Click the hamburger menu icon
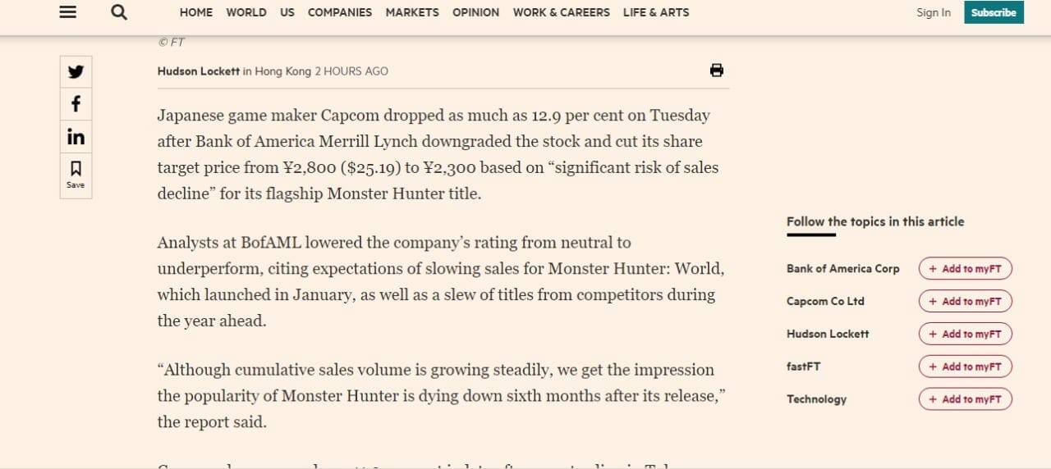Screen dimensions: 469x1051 pyautogui.click(x=68, y=12)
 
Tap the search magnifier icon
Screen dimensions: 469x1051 pyautogui.click(x=119, y=12)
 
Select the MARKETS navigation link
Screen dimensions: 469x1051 pyautogui.click(x=412, y=12)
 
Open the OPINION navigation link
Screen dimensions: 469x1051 pyautogui.click(x=475, y=12)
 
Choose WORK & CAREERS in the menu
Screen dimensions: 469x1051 pyautogui.click(x=561, y=12)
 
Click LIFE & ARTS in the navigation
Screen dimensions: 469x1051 pyautogui.click(x=656, y=12)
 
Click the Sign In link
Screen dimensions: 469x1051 pyautogui.click(x=934, y=12)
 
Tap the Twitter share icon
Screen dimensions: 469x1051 pyautogui.click(x=76, y=72)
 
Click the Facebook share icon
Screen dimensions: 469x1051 pyautogui.click(x=76, y=104)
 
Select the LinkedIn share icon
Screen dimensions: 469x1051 pyautogui.click(x=76, y=136)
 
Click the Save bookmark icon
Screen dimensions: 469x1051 pyautogui.click(x=76, y=174)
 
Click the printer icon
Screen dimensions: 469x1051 pyautogui.click(x=717, y=71)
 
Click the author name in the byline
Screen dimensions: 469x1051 pyautogui.click(x=199, y=71)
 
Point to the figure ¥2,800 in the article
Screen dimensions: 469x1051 pyautogui.click(x=310, y=168)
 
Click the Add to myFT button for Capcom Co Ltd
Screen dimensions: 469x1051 pyautogui.click(x=965, y=301)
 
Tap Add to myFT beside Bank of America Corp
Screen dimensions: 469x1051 pyautogui.click(x=965, y=269)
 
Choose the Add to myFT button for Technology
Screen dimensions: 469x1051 pyautogui.click(x=965, y=399)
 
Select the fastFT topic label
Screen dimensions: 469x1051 pyautogui.click(x=803, y=367)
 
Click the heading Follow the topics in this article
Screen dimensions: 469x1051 pyautogui.click(x=875, y=221)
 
